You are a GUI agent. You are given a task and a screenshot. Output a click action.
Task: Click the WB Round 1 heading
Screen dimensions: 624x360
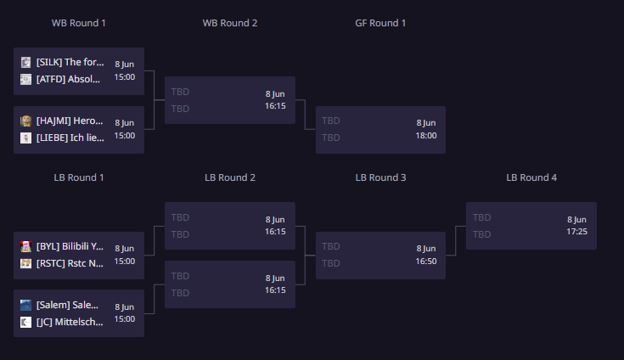coord(79,23)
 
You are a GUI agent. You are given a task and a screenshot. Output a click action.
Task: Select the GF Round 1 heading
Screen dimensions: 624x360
coord(380,23)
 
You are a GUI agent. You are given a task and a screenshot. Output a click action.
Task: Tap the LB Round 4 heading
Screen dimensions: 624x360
coord(531,177)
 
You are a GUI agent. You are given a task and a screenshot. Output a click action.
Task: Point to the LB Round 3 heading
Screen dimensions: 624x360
coord(381,177)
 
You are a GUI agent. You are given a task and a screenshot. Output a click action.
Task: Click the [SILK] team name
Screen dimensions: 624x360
coord(70,62)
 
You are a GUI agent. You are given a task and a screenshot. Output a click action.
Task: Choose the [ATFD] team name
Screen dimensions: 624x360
coord(68,79)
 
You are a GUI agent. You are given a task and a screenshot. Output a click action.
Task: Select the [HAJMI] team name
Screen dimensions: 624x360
coord(70,121)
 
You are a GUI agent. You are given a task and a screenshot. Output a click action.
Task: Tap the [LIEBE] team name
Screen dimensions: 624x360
coord(70,138)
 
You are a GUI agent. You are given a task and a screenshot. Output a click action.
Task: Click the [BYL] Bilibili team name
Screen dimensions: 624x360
coord(70,246)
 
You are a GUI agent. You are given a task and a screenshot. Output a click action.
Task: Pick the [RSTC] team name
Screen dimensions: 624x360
coord(70,263)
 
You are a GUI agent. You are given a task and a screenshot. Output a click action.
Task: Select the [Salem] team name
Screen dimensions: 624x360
coord(67,305)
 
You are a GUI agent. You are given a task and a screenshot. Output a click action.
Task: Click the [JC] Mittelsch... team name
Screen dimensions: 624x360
coord(70,322)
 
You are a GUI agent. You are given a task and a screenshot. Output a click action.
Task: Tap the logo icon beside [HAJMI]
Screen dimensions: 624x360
coord(25,121)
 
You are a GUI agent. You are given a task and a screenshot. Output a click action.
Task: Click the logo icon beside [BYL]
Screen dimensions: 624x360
coord(25,246)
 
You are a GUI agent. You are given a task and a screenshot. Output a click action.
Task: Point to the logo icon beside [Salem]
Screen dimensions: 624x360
coord(25,305)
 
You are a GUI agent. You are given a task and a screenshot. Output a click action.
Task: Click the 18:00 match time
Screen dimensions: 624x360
coord(426,136)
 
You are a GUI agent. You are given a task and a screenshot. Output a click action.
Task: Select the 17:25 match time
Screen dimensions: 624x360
coord(576,232)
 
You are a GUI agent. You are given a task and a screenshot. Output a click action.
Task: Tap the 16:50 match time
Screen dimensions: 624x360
coord(426,262)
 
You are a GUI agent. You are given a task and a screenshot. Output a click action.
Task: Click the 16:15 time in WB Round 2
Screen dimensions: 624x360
coord(275,106)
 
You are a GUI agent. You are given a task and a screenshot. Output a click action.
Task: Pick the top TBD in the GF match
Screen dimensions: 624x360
coord(331,121)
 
